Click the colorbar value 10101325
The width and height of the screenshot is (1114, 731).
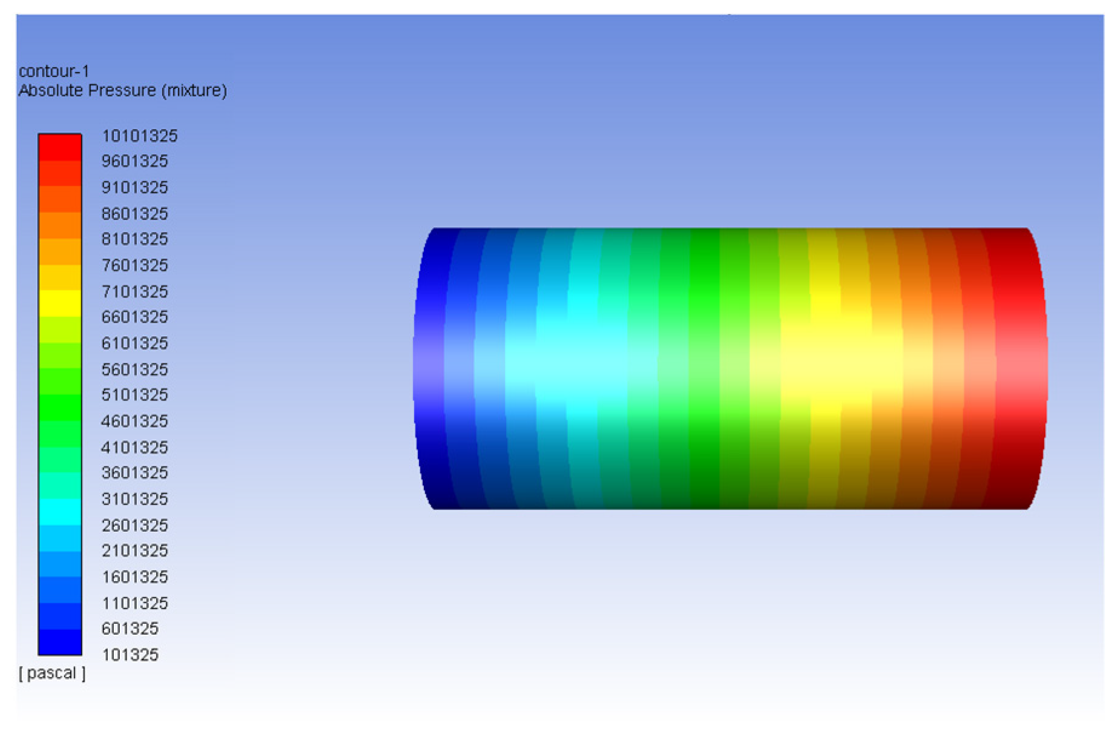point(139,136)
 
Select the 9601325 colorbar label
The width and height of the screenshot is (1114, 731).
point(134,161)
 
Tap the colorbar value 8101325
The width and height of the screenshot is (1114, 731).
point(134,239)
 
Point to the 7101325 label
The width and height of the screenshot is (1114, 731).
point(134,291)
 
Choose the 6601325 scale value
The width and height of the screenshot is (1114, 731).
point(134,317)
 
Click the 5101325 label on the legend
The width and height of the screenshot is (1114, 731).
point(134,395)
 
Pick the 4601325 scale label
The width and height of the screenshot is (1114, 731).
point(134,421)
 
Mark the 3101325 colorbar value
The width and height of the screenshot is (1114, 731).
point(134,499)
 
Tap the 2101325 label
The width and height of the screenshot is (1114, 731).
point(134,551)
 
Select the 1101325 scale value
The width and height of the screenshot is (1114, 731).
point(134,603)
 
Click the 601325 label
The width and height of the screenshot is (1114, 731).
point(130,629)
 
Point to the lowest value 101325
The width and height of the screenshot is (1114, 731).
point(130,655)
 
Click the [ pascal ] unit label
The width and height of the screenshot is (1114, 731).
point(52,673)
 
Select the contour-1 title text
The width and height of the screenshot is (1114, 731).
point(54,71)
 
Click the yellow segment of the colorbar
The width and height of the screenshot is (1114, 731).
point(60,303)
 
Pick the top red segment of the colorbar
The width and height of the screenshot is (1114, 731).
point(60,147)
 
